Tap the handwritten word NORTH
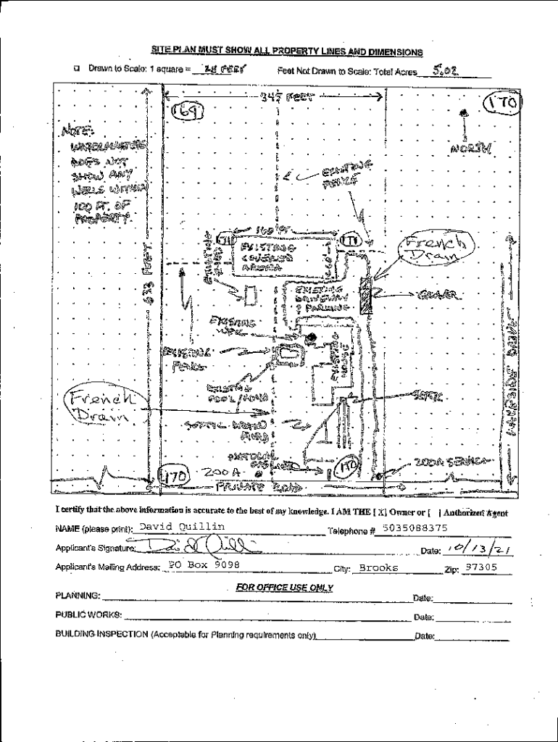(x=472, y=148)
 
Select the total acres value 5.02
(x=443, y=70)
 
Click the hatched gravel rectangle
(x=365, y=294)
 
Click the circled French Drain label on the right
(x=437, y=249)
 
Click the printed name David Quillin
(x=182, y=527)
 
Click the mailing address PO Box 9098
(x=204, y=564)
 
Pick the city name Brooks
(x=379, y=567)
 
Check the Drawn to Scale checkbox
(x=76, y=70)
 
